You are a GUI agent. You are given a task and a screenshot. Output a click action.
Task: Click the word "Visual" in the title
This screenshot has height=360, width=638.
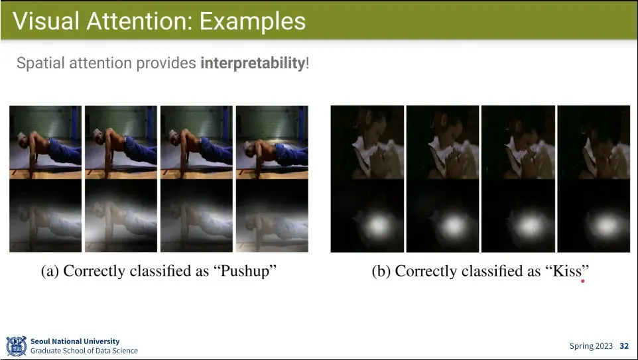point(46,21)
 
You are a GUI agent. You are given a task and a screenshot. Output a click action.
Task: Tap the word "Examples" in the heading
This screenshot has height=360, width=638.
point(252,21)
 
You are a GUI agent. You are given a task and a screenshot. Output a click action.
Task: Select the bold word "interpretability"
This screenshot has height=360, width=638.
point(252,64)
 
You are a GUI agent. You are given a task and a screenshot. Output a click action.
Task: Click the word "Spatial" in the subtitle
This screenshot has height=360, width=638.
point(40,64)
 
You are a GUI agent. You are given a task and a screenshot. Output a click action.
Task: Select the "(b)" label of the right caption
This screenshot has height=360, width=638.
point(381,271)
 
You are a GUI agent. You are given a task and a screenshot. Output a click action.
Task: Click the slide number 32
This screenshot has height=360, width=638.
point(624,346)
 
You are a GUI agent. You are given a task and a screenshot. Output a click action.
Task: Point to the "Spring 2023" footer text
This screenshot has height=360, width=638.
point(591,346)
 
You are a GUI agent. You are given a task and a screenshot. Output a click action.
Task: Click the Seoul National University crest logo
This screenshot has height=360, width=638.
point(17,346)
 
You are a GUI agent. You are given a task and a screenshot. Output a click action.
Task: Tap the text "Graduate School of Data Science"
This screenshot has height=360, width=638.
point(84,351)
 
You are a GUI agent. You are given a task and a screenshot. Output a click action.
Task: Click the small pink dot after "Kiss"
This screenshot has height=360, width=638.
point(583,280)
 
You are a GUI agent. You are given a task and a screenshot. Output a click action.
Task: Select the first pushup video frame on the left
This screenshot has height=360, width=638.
point(46,143)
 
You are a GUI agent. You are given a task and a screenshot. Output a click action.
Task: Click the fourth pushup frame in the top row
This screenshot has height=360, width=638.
point(272,143)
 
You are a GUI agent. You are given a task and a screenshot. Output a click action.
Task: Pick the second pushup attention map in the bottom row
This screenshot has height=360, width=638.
point(121,215)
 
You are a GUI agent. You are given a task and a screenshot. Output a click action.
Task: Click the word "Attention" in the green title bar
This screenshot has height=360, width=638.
point(139,21)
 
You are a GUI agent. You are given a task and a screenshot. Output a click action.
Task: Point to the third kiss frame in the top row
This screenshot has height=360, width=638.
point(518,143)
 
